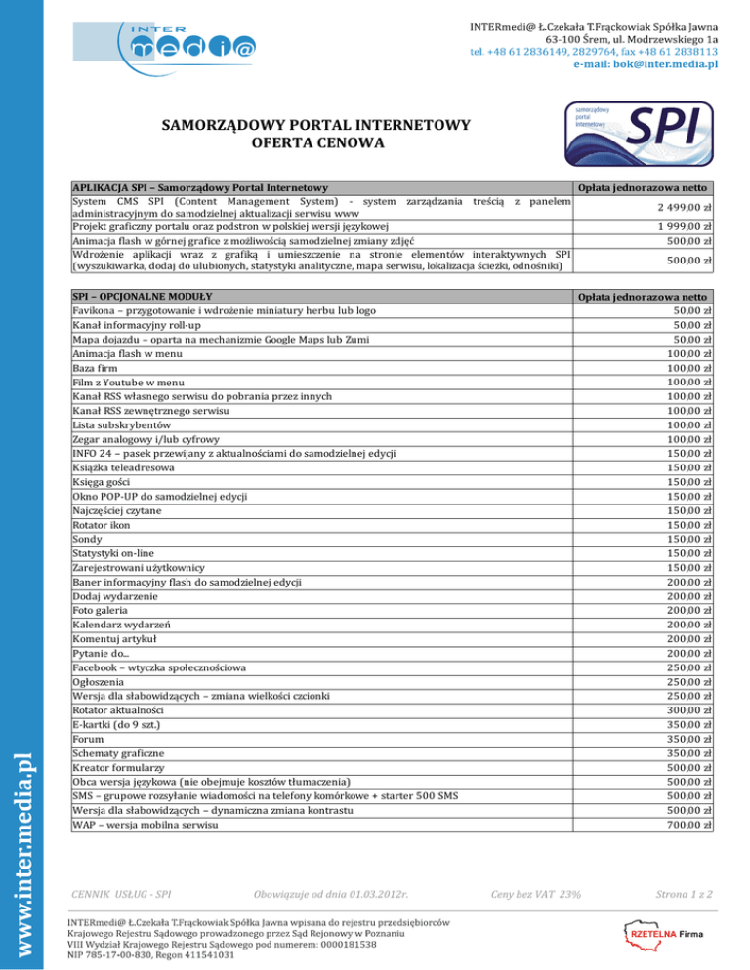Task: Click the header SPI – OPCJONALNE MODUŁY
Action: [x=143, y=295]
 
